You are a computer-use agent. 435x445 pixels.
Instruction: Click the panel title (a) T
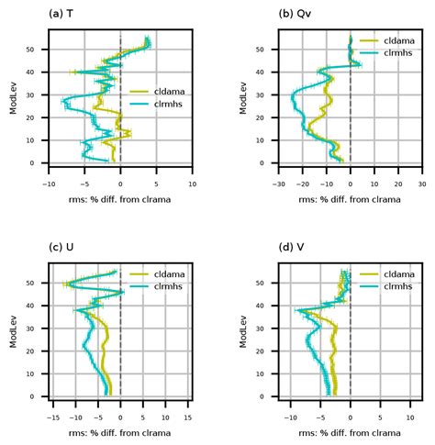click(61, 13)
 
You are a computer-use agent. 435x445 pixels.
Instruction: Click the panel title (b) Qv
click(292, 13)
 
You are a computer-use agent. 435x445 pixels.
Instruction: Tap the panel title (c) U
click(61, 247)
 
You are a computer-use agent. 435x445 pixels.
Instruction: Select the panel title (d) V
click(292, 247)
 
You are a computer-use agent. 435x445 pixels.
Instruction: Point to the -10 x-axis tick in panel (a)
click(49, 183)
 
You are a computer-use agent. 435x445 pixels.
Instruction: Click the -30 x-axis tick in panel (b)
click(278, 183)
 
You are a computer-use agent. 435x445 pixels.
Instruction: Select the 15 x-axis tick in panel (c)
click(188, 417)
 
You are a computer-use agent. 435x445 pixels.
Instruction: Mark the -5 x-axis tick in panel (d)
click(320, 417)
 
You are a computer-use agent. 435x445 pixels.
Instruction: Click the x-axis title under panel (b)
click(350, 198)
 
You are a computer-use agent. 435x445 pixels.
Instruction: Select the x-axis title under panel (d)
click(350, 432)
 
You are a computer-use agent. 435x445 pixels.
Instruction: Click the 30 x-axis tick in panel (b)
click(421, 183)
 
